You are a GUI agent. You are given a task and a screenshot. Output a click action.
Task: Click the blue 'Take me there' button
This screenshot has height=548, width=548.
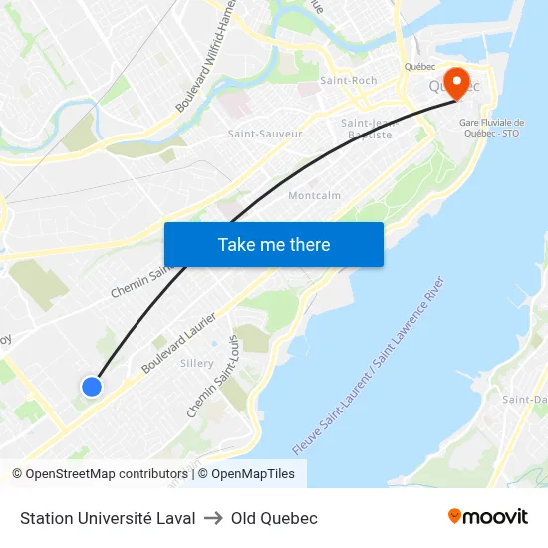[x=274, y=244]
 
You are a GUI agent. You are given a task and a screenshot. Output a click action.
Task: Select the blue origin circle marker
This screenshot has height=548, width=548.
[x=92, y=386]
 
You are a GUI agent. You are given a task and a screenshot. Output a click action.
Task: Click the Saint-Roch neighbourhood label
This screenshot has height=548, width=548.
[x=348, y=80]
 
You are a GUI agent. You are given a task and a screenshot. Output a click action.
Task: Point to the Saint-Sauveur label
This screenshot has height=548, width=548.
[x=265, y=134]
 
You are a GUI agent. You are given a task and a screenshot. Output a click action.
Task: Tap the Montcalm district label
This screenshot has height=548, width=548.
[x=314, y=195]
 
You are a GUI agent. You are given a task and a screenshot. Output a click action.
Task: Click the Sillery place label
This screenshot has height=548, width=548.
[x=197, y=363]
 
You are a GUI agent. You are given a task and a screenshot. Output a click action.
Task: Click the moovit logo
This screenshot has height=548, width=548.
[x=488, y=516]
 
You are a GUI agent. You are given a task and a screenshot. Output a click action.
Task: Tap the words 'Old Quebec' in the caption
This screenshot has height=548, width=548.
[x=274, y=518]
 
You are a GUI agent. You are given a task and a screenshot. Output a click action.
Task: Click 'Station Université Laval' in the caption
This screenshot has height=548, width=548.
[x=107, y=518]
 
